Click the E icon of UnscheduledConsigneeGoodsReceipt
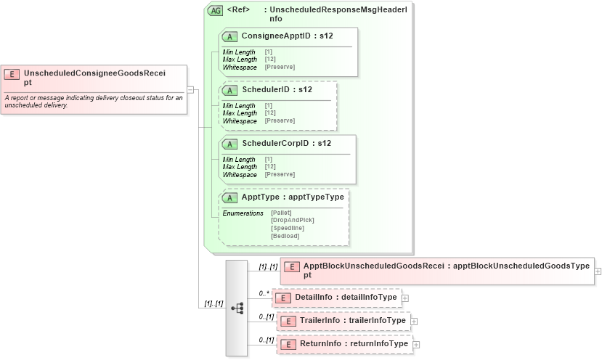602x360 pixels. [x=12, y=73]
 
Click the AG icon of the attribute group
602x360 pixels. [x=215, y=11]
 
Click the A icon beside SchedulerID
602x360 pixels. [x=230, y=90]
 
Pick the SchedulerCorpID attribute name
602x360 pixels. [x=276, y=143]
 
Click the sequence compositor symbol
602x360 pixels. [x=237, y=308]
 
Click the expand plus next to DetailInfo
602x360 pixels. [x=405, y=298]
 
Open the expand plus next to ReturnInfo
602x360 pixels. [x=416, y=344]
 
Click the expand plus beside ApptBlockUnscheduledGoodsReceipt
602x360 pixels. [x=598, y=271]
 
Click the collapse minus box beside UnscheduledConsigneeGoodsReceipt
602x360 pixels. [x=190, y=89]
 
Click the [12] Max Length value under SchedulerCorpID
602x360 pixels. [x=269, y=167]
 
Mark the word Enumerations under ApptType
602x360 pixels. [x=243, y=213]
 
